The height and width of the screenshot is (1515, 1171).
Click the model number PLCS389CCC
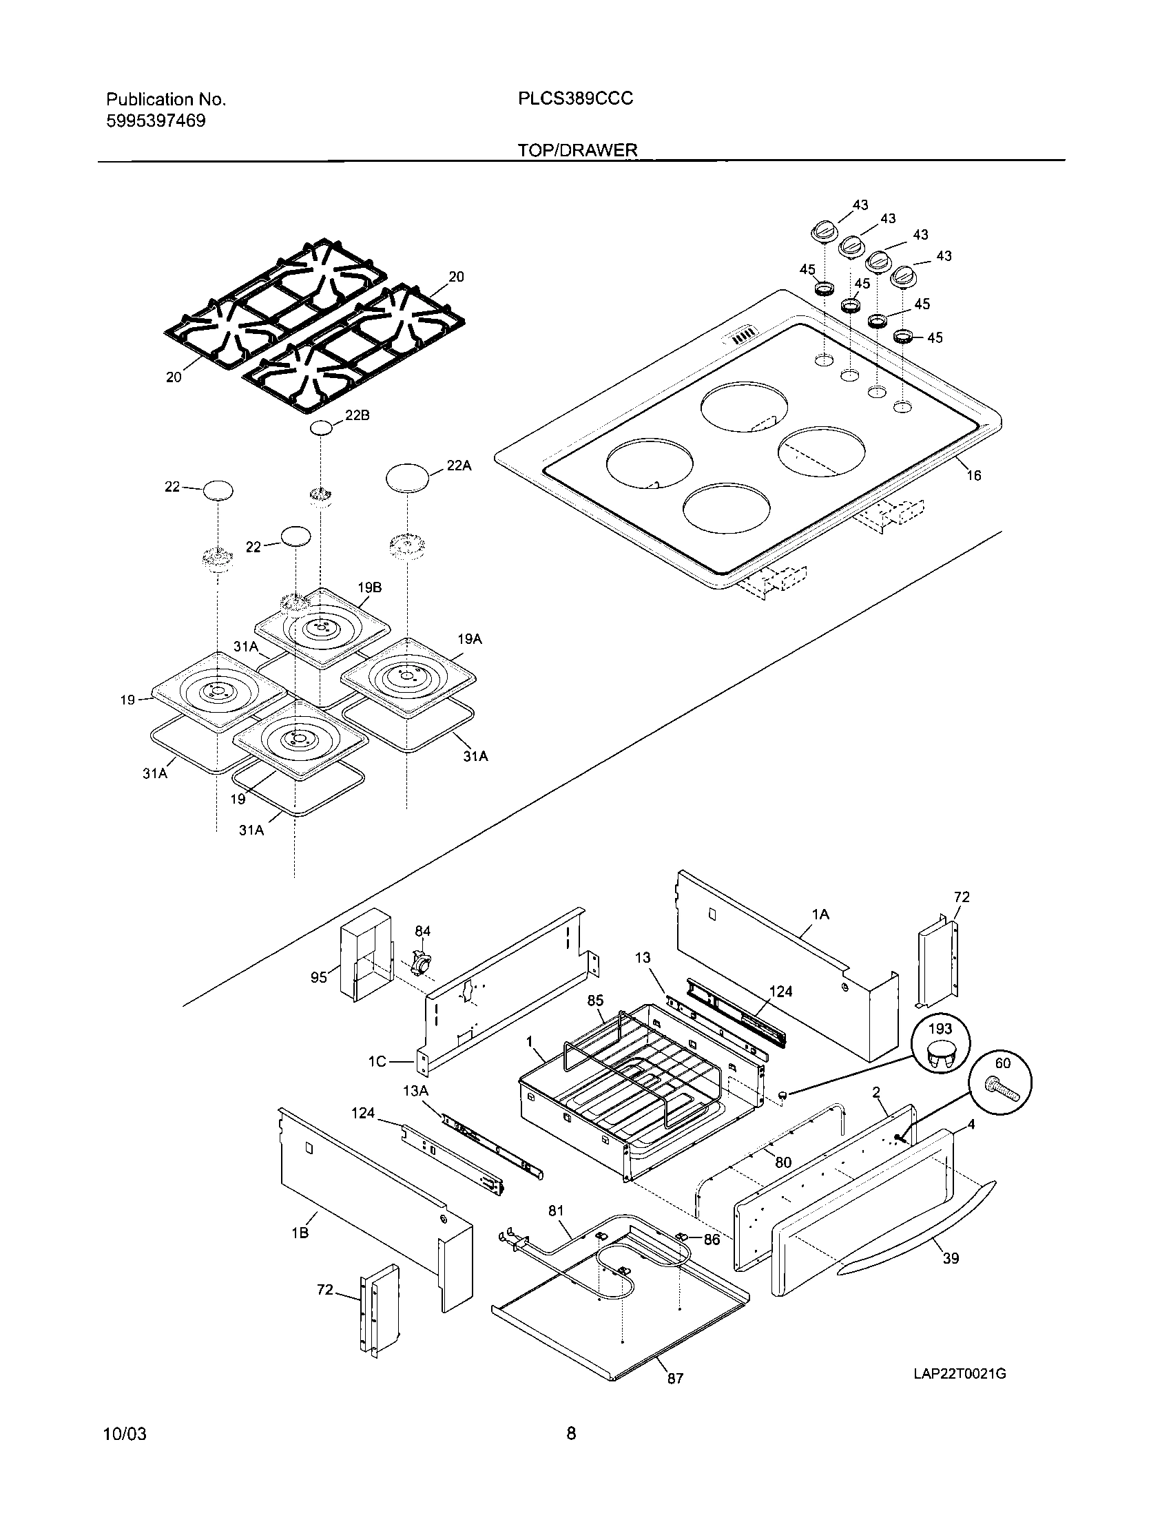(x=575, y=99)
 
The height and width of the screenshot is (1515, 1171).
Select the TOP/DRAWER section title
(x=577, y=151)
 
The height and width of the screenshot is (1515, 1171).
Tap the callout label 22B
(x=357, y=415)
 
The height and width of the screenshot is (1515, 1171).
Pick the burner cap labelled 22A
(x=407, y=479)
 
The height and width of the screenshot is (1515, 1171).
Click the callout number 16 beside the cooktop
(x=974, y=475)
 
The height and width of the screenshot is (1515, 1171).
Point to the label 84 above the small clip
(x=422, y=931)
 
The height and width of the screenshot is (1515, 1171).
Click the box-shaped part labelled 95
(x=365, y=954)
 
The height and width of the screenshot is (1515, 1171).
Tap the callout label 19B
(x=370, y=587)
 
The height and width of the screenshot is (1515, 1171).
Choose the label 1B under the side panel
(x=300, y=1233)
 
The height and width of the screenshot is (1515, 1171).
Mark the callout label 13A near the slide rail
(x=415, y=1091)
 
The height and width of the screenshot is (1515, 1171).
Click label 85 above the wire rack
(x=595, y=1001)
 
